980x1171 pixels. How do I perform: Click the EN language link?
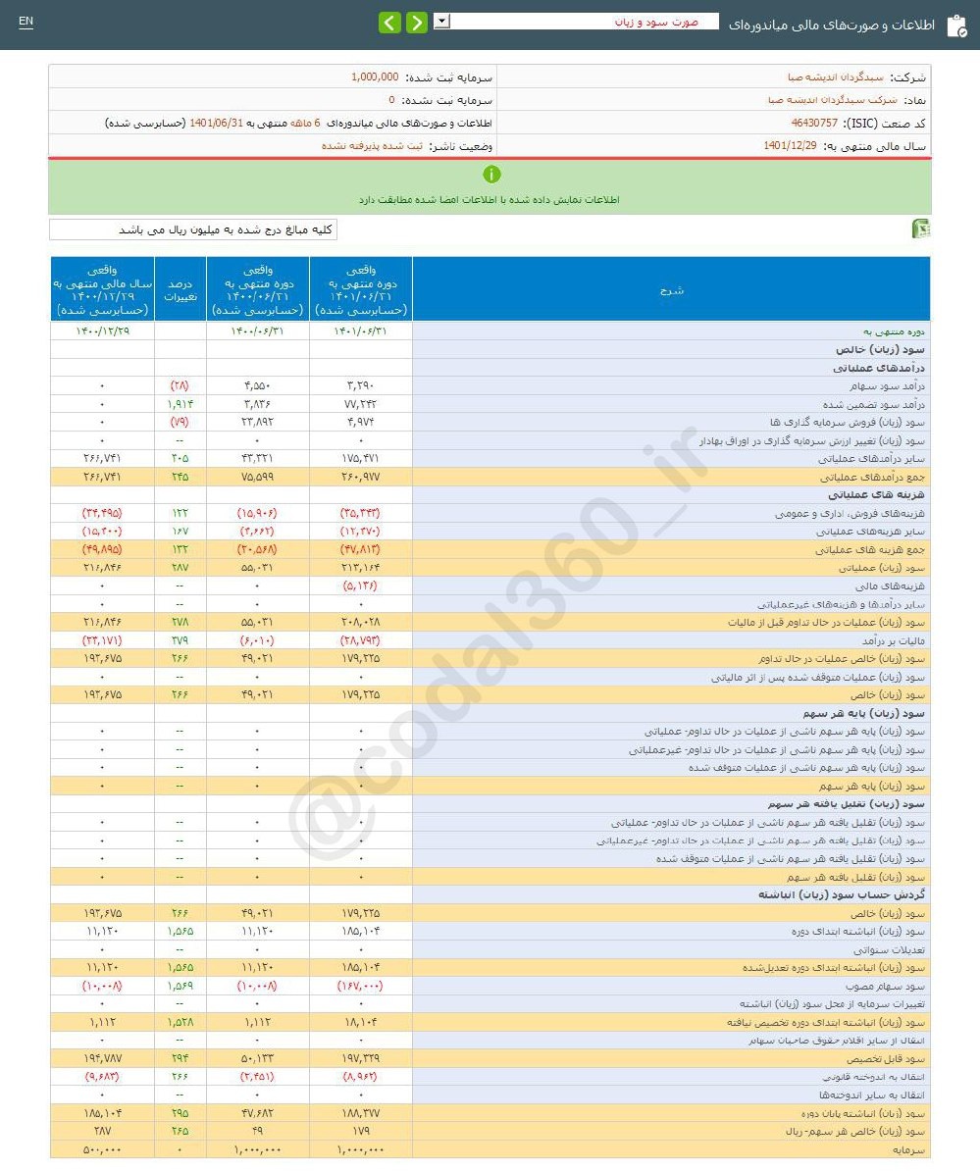pos(26,22)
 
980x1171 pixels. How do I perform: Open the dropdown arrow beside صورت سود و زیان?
pos(441,21)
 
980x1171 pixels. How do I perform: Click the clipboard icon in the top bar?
pos(955,25)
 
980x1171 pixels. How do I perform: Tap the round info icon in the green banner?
pos(491,175)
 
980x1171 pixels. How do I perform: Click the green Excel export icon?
pos(921,229)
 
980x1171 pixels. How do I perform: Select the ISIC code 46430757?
pos(814,124)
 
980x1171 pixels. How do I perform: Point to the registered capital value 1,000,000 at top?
pos(375,76)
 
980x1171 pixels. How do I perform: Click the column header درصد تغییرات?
pos(181,289)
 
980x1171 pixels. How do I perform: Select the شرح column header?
pos(671,289)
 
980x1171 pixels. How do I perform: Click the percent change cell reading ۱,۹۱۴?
pos(180,404)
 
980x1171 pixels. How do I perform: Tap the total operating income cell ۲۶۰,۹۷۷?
pos(360,477)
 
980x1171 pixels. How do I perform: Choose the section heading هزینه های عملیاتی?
pos(883,495)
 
